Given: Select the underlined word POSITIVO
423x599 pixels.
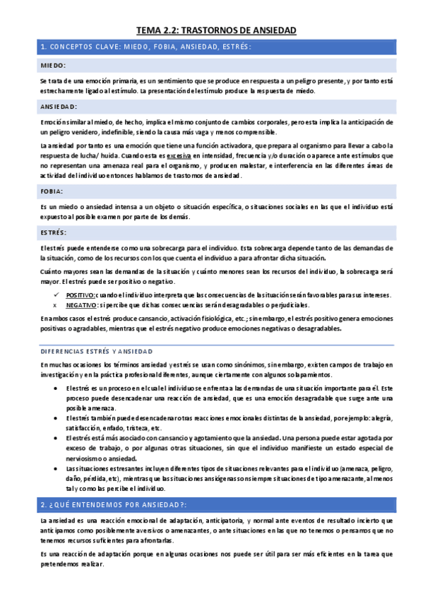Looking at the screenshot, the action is (80, 295).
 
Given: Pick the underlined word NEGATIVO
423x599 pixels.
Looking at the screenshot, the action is (81, 304).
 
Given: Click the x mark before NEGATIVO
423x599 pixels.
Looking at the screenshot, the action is (54, 304).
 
